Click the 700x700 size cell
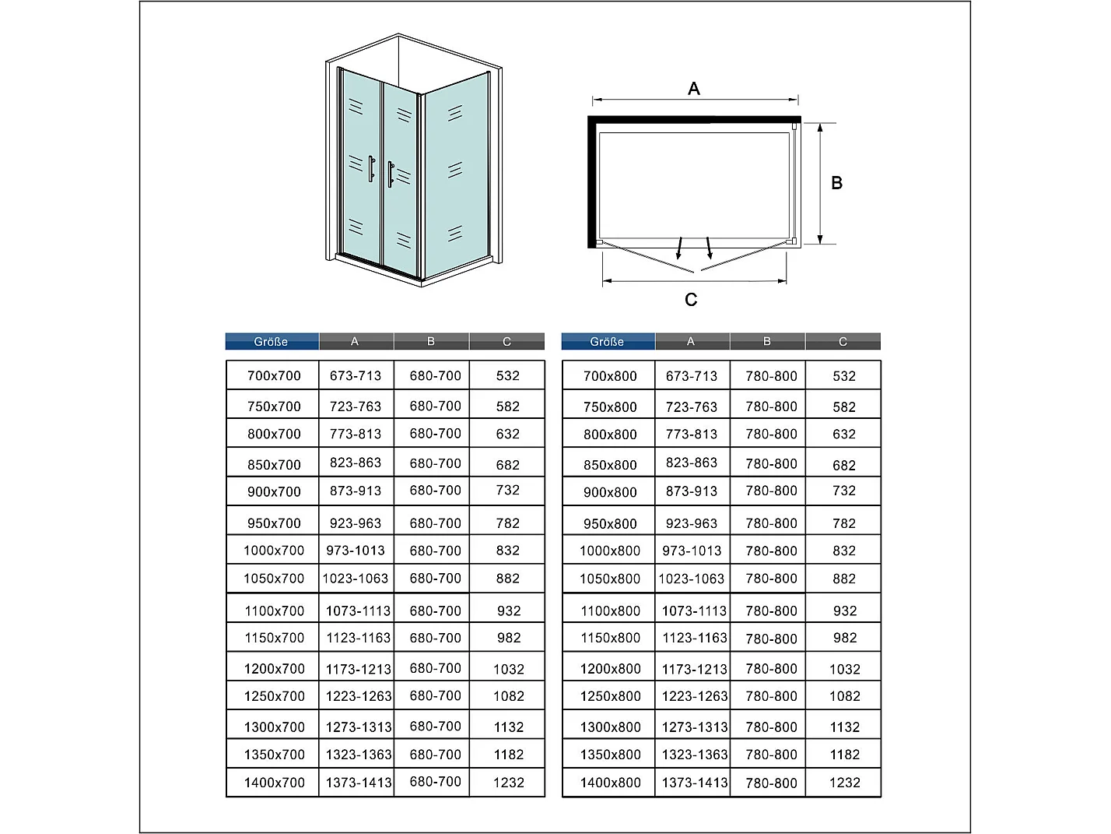(274, 376)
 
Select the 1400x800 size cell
(610, 783)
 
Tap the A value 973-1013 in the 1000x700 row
(356, 551)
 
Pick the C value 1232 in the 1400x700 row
(508, 783)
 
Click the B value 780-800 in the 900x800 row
(771, 491)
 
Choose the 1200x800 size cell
(610, 668)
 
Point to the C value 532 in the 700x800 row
(843, 376)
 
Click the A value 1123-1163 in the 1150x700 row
(359, 638)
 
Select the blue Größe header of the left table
(272, 341)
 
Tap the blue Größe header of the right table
(608, 341)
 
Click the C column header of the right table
(843, 341)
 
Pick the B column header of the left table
(431, 341)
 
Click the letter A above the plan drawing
(694, 89)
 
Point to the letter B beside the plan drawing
(836, 183)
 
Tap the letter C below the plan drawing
(691, 300)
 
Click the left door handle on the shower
(372, 169)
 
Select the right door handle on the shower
(391, 174)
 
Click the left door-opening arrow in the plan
(680, 248)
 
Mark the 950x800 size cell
(610, 523)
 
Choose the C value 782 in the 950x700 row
(508, 523)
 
